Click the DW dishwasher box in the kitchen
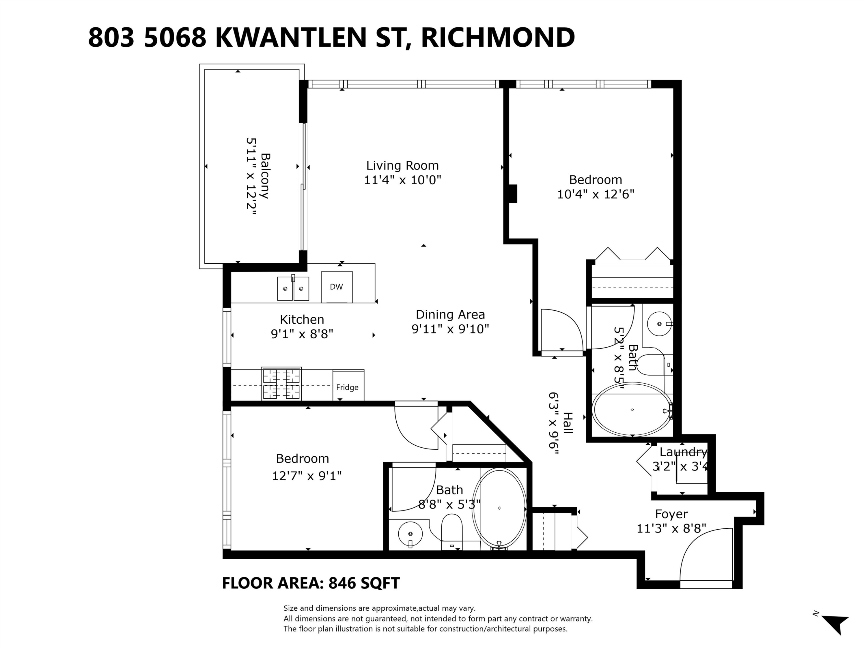pos(337,287)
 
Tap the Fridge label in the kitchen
pos(347,387)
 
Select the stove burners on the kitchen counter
pos(281,383)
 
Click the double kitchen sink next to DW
pos(293,288)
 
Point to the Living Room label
pos(402,166)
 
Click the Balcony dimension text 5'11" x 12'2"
pos(251,176)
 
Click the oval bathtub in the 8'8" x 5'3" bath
pos(499,508)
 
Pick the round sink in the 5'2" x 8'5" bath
pos(659,324)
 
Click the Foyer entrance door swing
pos(705,556)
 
